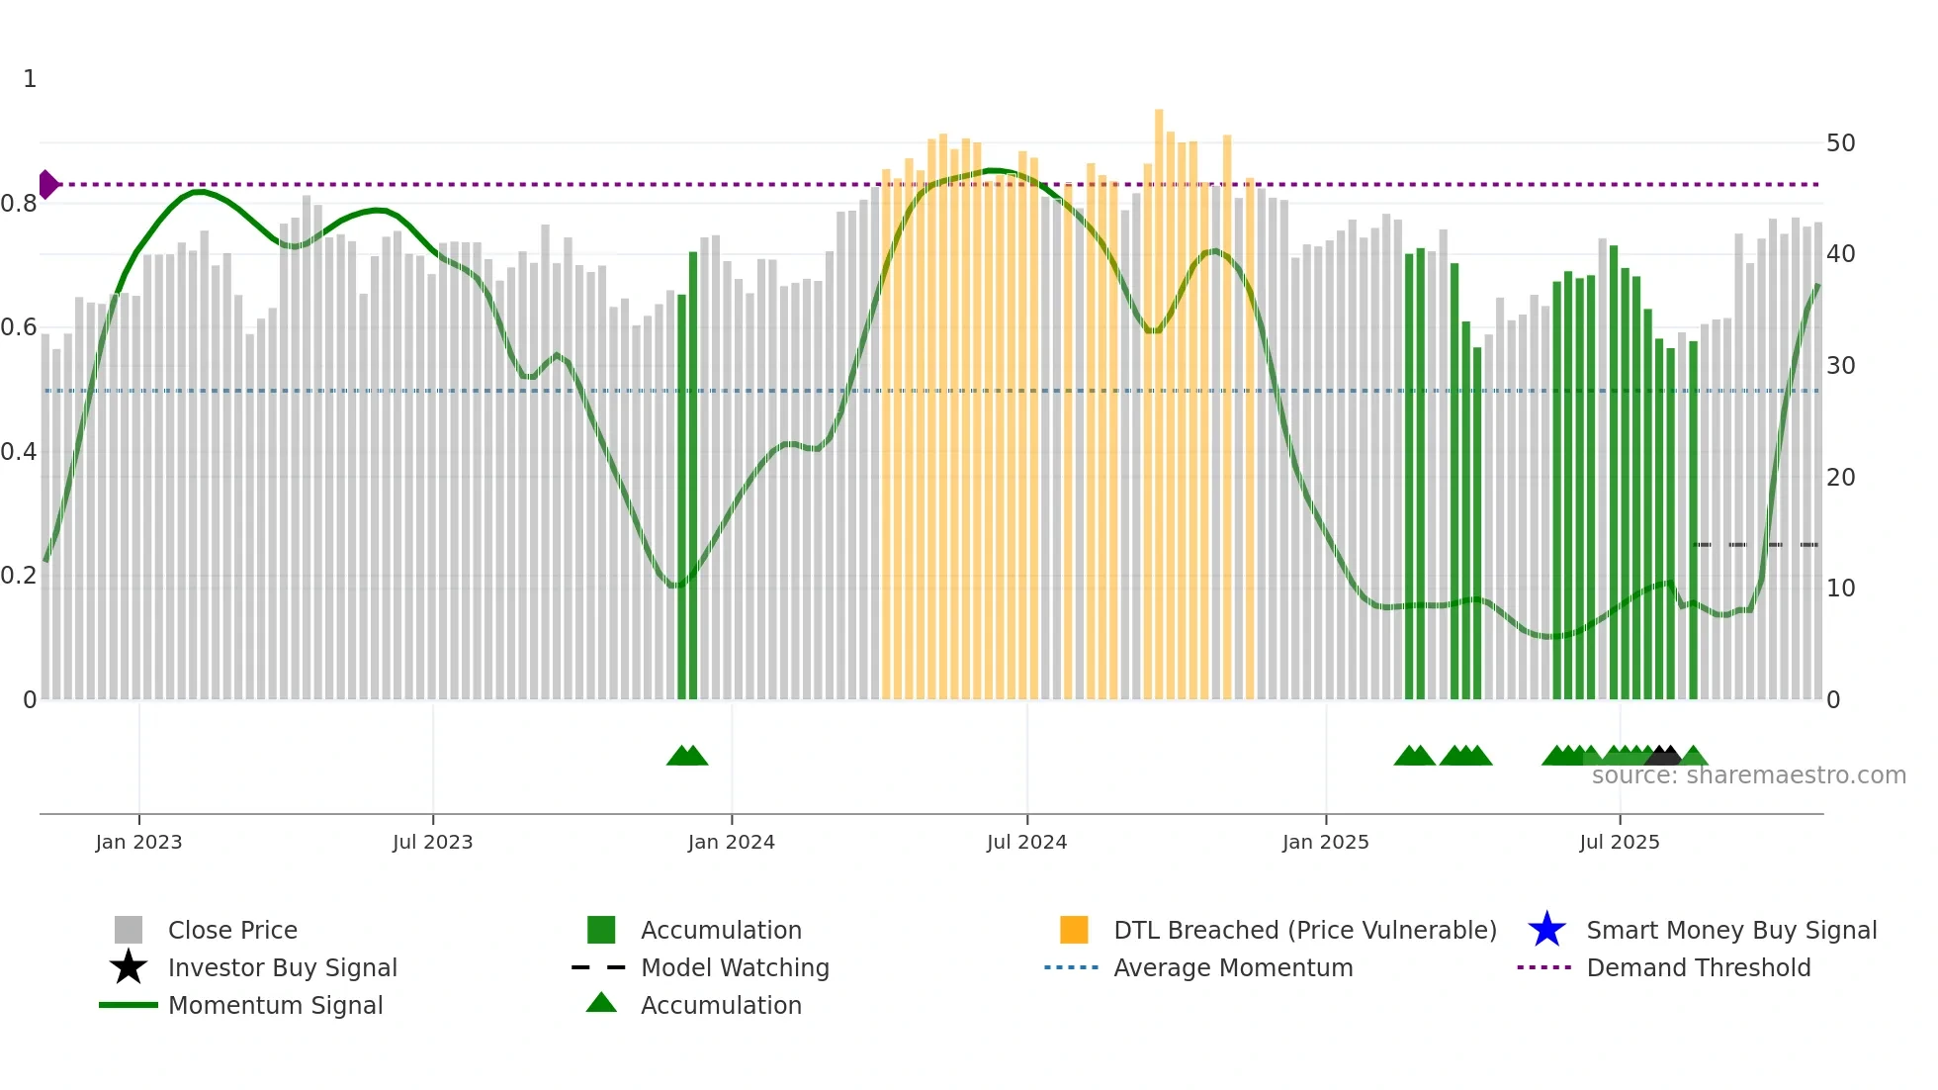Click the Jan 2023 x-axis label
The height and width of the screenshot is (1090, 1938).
(138, 842)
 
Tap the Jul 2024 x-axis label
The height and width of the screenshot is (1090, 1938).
(1026, 842)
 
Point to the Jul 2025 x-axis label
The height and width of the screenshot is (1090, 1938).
(1619, 842)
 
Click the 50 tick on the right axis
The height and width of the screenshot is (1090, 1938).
(1840, 143)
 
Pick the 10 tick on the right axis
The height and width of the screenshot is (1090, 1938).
(1840, 589)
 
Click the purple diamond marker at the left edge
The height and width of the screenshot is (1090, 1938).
(47, 184)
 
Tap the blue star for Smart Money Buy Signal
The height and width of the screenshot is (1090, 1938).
(1546, 930)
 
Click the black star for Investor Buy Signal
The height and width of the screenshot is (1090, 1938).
(129, 967)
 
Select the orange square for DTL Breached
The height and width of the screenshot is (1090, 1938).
(1074, 930)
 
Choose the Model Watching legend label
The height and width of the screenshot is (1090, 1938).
(735, 967)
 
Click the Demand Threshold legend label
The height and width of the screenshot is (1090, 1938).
(1698, 967)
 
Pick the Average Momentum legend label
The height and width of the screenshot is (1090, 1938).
(1233, 967)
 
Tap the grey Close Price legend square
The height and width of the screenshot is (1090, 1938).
(129, 930)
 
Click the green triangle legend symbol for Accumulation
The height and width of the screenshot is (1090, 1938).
(601, 1004)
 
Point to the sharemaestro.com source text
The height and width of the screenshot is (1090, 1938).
(1748, 775)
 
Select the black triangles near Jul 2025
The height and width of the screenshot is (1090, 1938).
(1664, 756)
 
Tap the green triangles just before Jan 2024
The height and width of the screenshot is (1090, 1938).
(687, 756)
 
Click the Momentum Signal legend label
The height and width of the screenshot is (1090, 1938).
(275, 1005)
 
